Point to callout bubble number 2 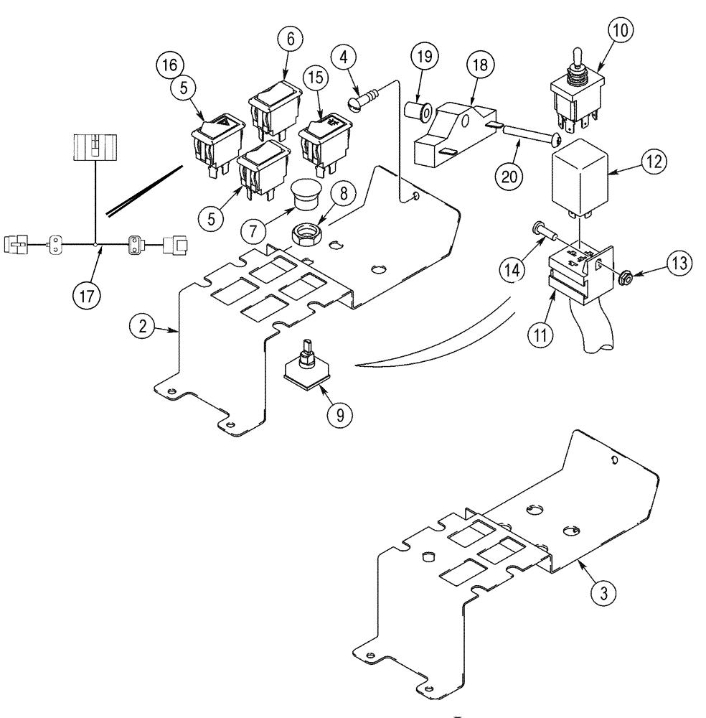(143, 326)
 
